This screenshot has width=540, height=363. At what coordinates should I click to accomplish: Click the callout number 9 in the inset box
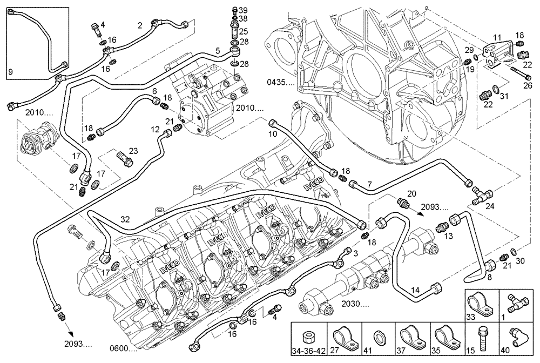tap(10, 71)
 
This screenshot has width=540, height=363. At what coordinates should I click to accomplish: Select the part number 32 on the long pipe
tap(125, 220)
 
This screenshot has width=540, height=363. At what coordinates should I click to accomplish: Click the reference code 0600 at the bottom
tap(122, 348)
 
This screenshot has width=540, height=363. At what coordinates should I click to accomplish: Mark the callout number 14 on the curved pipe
tap(415, 290)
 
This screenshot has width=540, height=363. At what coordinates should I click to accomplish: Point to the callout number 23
tap(133, 151)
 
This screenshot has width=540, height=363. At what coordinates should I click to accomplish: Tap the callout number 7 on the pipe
tap(369, 185)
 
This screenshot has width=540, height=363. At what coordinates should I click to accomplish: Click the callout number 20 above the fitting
tap(411, 193)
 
